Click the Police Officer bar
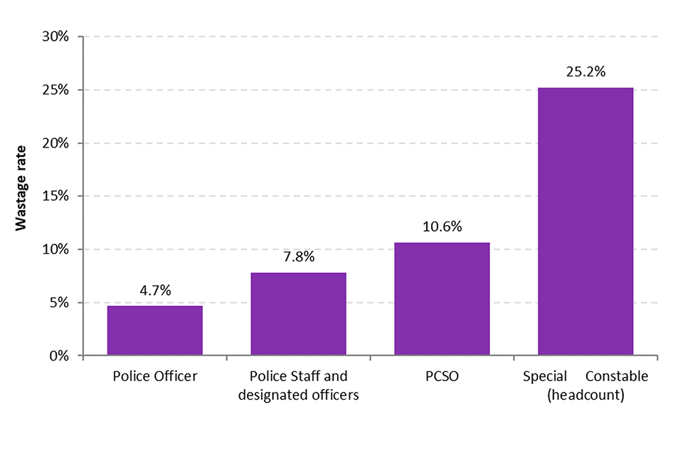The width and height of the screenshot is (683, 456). tap(155, 330)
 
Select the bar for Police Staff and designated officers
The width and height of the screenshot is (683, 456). tap(299, 313)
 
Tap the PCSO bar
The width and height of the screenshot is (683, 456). tap(442, 299)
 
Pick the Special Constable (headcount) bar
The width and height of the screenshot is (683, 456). tap(586, 221)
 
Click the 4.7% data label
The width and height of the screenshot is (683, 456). tap(155, 291)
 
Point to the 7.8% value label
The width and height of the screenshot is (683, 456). tap(299, 257)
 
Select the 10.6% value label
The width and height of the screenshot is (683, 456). tap(442, 227)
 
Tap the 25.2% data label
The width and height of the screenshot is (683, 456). tap(586, 72)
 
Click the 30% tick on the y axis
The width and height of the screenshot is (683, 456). tap(55, 37)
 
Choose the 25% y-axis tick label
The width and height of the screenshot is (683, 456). tap(55, 90)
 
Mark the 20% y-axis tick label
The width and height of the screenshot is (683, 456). tap(55, 143)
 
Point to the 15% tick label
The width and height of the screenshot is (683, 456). tap(55, 197)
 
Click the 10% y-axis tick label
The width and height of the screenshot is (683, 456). tap(55, 249)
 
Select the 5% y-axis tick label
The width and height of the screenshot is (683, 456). tap(58, 303)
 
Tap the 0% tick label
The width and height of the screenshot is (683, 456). tap(58, 356)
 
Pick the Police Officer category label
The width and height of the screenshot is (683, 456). tap(155, 377)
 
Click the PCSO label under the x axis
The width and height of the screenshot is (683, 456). tap(442, 377)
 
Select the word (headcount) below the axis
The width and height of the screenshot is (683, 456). tap(586, 395)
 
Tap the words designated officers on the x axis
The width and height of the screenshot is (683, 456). tap(299, 395)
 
